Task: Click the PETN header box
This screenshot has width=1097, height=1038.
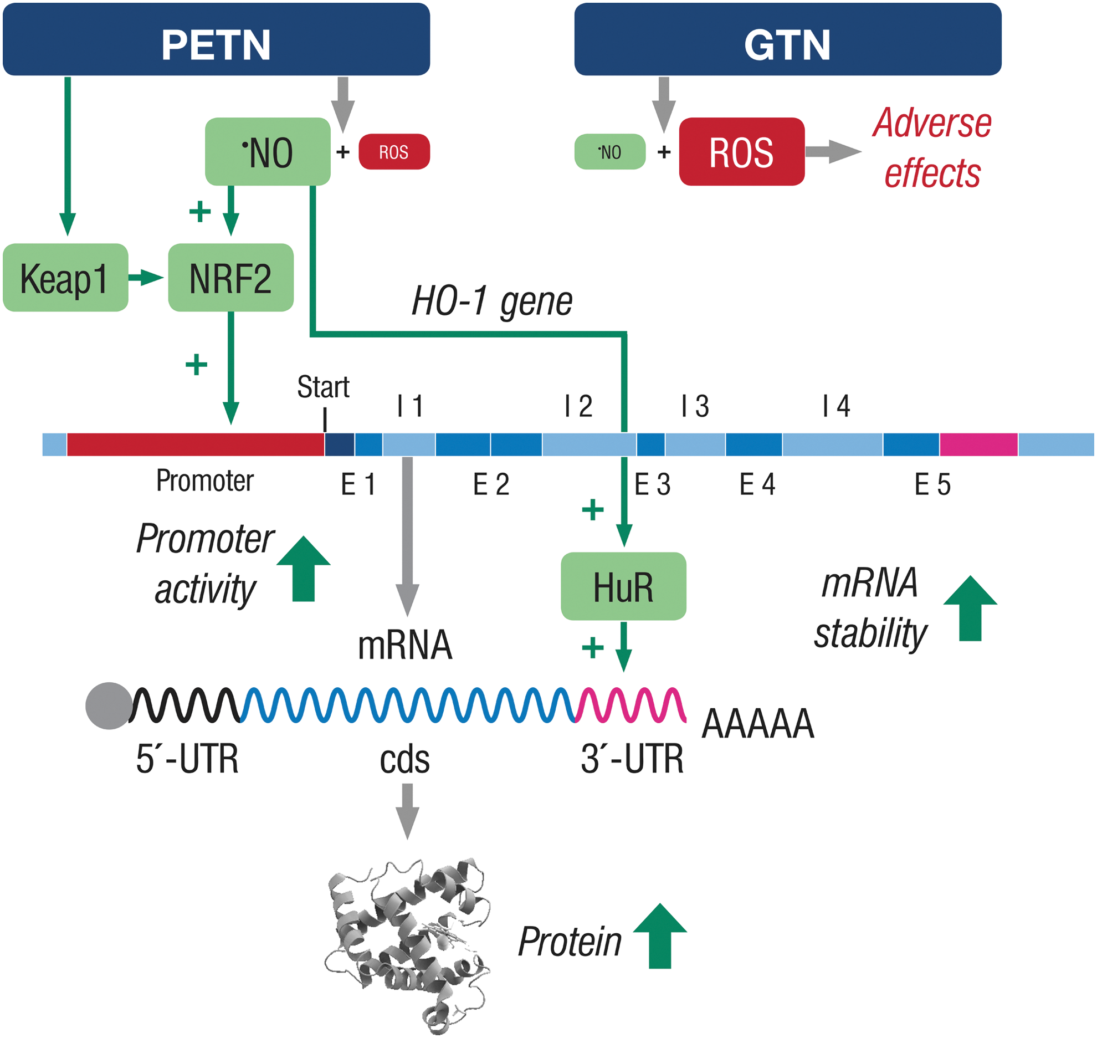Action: pyautogui.click(x=216, y=39)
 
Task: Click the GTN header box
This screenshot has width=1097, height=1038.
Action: pyautogui.click(x=788, y=39)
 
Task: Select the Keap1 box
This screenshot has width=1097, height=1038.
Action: pyautogui.click(x=65, y=278)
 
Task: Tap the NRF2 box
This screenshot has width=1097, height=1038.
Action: pyautogui.click(x=230, y=278)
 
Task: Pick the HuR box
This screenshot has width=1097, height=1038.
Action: pyautogui.click(x=624, y=586)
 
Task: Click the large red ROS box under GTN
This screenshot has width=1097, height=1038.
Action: pyautogui.click(x=742, y=151)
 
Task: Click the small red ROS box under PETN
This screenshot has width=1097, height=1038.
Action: pyautogui.click(x=394, y=151)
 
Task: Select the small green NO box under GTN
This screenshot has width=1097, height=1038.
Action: pyautogui.click(x=610, y=151)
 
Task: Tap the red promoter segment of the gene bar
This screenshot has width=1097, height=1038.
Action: pyautogui.click(x=196, y=444)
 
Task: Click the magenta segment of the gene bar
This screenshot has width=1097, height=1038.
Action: pyautogui.click(x=979, y=444)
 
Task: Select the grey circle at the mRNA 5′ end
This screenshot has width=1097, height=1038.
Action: pyautogui.click(x=109, y=706)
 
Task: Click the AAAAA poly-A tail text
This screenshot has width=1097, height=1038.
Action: pyautogui.click(x=758, y=724)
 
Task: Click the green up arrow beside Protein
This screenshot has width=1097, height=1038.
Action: pyautogui.click(x=660, y=937)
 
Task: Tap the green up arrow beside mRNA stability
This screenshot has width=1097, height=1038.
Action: pyautogui.click(x=970, y=609)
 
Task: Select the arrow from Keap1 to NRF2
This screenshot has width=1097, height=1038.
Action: pyautogui.click(x=146, y=278)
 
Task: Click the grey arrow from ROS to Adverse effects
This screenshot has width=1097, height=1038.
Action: pyautogui.click(x=834, y=151)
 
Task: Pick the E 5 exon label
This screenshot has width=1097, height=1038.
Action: pyautogui.click(x=932, y=484)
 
